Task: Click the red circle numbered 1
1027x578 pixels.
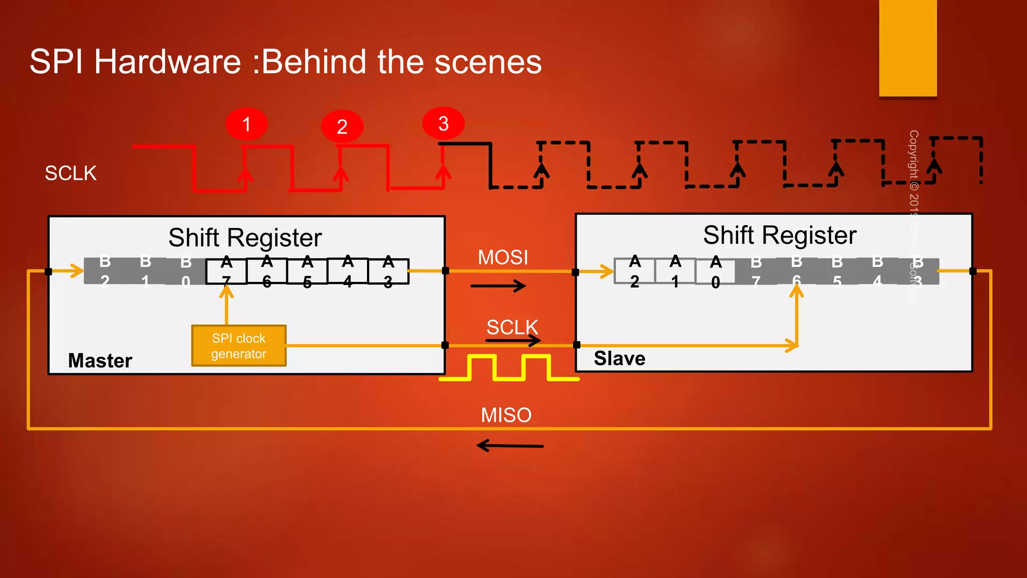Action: [246, 124]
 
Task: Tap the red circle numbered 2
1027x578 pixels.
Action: [342, 126]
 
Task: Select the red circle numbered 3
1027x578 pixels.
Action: [443, 123]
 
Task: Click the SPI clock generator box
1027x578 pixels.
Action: [239, 346]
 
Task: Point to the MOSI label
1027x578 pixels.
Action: [502, 257]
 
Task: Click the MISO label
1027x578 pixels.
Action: [506, 415]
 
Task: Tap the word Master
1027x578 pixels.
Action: [100, 360]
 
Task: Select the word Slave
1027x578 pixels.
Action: [619, 358]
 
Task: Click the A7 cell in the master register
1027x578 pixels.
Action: [226, 271]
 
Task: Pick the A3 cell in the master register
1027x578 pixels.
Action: [388, 271]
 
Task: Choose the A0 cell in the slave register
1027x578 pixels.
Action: [716, 271]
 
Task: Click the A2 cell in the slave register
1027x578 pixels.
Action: [635, 271]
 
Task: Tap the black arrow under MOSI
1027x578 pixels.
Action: [498, 286]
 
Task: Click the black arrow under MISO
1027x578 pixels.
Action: [509, 446]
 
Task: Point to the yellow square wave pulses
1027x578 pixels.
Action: [509, 368]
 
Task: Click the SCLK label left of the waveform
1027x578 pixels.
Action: [71, 173]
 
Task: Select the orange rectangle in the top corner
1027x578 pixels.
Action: [908, 48]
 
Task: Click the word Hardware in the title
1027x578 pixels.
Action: [167, 62]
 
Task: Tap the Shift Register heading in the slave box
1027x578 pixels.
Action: [779, 235]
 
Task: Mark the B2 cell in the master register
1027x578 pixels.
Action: [105, 271]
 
